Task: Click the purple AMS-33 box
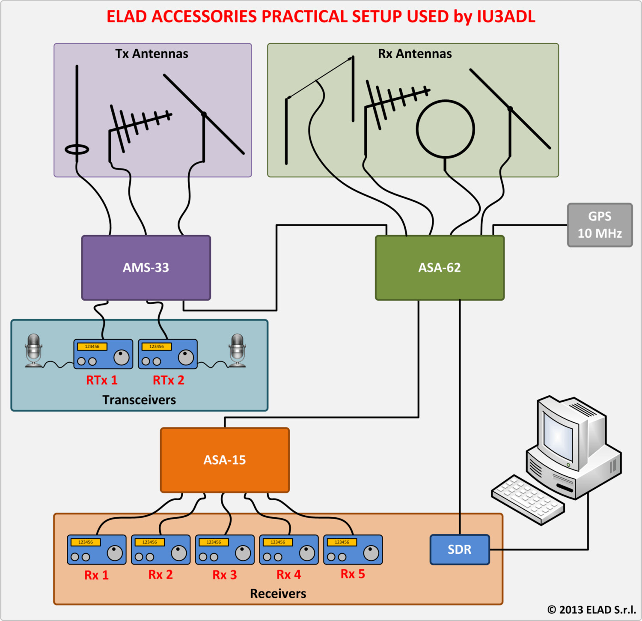(146, 268)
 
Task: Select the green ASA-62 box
(440, 268)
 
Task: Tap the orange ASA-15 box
(225, 460)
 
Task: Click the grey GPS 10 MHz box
(600, 225)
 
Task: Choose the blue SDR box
(459, 549)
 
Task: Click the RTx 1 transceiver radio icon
(103, 354)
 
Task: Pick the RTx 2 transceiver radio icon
(167, 354)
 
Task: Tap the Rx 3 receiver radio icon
(225, 549)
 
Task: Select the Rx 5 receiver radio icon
(353, 549)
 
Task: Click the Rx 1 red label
(96, 575)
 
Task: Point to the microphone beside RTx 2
(237, 350)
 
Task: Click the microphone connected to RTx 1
(33, 350)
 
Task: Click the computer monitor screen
(558, 437)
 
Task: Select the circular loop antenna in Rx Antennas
(445, 129)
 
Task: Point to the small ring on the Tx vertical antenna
(77, 149)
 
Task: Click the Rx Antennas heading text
(415, 54)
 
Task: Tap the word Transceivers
(139, 400)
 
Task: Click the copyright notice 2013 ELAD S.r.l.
(591, 609)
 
